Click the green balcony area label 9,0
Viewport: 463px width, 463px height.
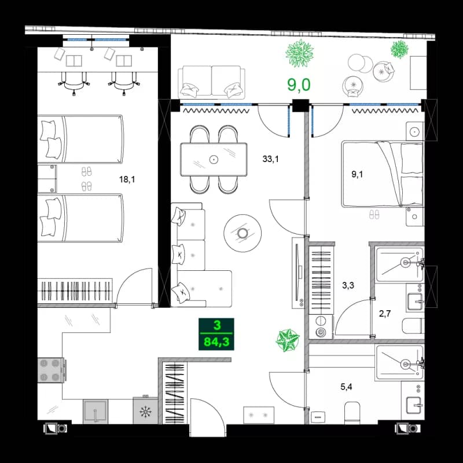[299, 85]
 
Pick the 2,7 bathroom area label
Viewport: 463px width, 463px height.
[385, 314]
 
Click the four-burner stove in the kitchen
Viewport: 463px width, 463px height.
[50, 370]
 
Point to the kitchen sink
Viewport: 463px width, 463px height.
[95, 412]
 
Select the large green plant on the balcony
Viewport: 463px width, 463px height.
[300, 53]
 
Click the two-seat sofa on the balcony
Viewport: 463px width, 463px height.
[210, 81]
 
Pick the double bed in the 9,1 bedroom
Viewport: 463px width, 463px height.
[382, 174]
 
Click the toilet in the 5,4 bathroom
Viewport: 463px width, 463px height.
[352, 413]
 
